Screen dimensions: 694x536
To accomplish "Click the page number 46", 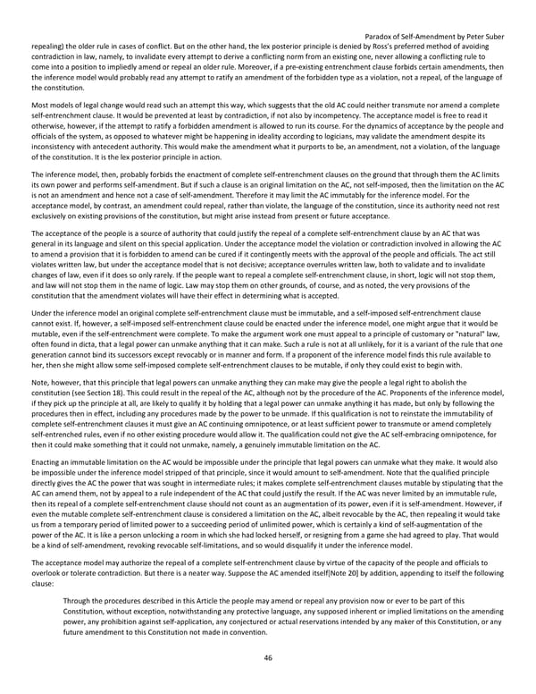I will [267, 657].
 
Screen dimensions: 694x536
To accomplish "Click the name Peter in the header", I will [468, 35].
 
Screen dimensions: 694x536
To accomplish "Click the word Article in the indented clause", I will [218, 601].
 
